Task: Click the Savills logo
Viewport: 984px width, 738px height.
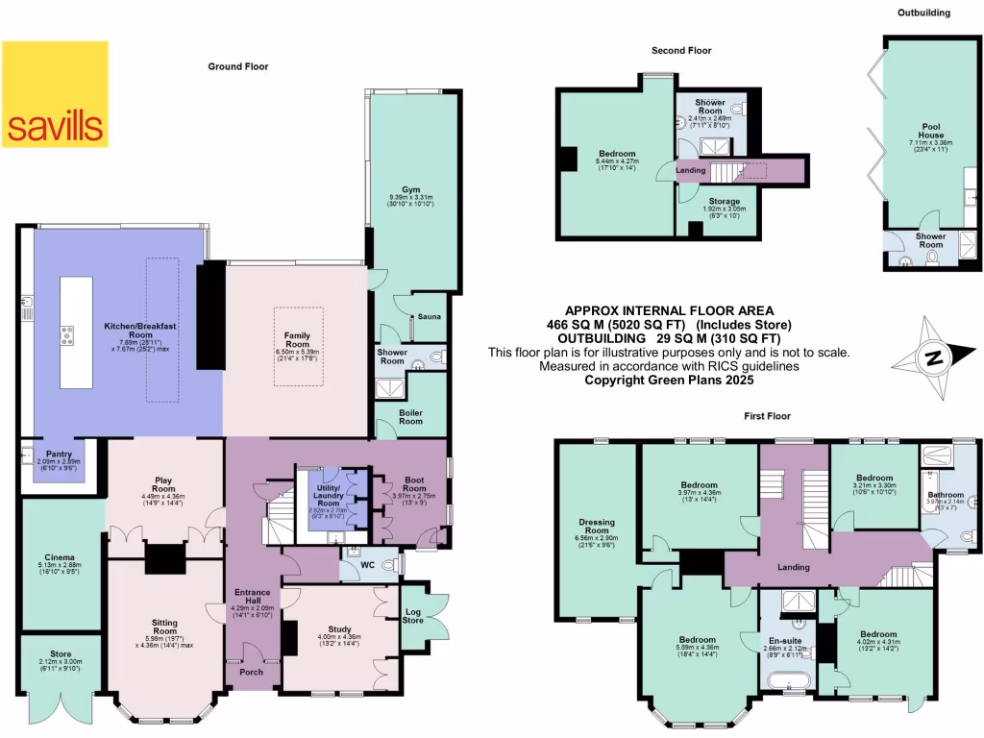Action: click(x=55, y=94)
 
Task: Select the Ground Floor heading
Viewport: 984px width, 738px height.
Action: click(x=238, y=66)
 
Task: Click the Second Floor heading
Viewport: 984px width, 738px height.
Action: click(x=681, y=50)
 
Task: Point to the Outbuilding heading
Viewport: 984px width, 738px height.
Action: click(x=923, y=12)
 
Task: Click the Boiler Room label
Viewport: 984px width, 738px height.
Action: click(x=411, y=415)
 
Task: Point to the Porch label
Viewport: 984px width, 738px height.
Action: click(x=251, y=672)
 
